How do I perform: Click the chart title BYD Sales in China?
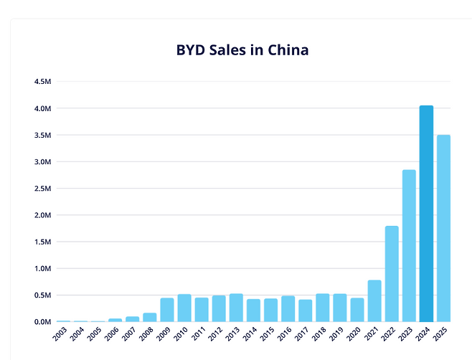coord(242,51)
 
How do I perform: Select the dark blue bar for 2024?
coord(426,214)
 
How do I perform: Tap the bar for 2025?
coord(443,228)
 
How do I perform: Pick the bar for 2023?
coord(409,245)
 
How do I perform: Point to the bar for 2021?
coord(374,300)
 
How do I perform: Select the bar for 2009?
coord(167,310)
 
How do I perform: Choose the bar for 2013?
coord(236,308)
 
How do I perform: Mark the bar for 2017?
coord(305,311)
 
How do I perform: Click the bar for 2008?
coord(150,317)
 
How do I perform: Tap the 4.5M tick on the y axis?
coord(42,82)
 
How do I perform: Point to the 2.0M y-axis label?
coord(42,215)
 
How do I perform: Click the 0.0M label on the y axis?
coord(42,322)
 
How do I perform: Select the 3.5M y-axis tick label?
coord(42,135)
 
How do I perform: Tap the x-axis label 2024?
coord(425,335)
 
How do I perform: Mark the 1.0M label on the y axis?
coord(42,269)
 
